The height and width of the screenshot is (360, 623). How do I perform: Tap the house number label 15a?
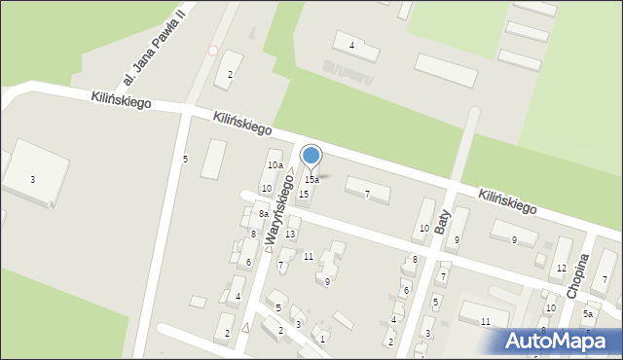pyautogui.click(x=311, y=180)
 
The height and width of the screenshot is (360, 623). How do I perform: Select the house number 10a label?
pyautogui.click(x=275, y=165)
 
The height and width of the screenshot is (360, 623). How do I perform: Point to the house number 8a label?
pyautogui.click(x=263, y=214)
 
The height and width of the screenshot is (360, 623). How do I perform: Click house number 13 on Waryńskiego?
pyautogui.click(x=290, y=234)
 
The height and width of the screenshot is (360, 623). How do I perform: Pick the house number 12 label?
pyautogui.click(x=561, y=268)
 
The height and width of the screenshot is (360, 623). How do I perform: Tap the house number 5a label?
pyautogui.click(x=588, y=314)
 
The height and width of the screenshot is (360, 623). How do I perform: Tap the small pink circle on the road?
pyautogui.click(x=213, y=50)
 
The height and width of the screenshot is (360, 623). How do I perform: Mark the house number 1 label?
pyautogui.click(x=322, y=339)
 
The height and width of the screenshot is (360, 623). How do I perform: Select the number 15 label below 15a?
pyautogui.click(x=304, y=195)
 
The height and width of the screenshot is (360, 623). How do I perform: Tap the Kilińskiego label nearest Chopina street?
pyautogui.click(x=507, y=201)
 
